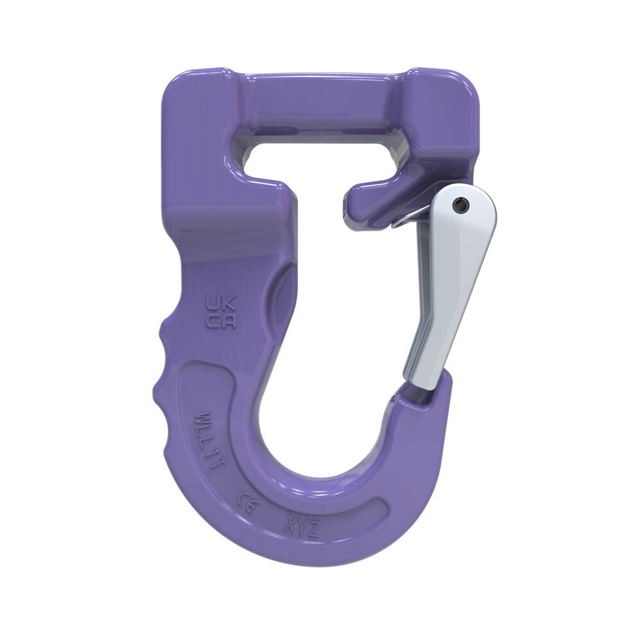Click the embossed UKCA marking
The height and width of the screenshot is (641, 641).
pos(220,311)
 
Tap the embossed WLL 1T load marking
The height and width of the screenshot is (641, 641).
pos(209,442)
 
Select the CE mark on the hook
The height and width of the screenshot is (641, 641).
pos(247,500)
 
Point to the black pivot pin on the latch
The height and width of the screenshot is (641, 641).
pos(458,204)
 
